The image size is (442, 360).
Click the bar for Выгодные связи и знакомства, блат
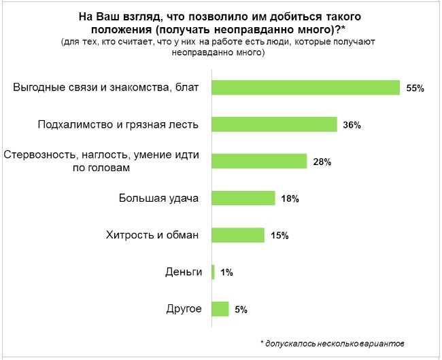[305, 88]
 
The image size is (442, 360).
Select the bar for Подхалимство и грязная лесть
[275, 124]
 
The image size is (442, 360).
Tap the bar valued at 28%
[260, 161]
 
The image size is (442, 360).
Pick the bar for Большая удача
[243, 198]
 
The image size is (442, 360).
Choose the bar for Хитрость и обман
[238, 235]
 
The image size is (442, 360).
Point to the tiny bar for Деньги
[214, 272]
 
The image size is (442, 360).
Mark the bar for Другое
[220, 309]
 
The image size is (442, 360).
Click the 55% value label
[415, 88]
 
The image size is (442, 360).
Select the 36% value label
[352, 125]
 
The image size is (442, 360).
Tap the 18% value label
[289, 199]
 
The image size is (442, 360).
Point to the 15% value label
[279, 236]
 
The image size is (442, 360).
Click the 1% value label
[226, 272]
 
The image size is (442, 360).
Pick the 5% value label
[240, 310]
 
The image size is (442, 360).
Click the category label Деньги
[184, 272]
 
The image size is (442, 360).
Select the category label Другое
[184, 309]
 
